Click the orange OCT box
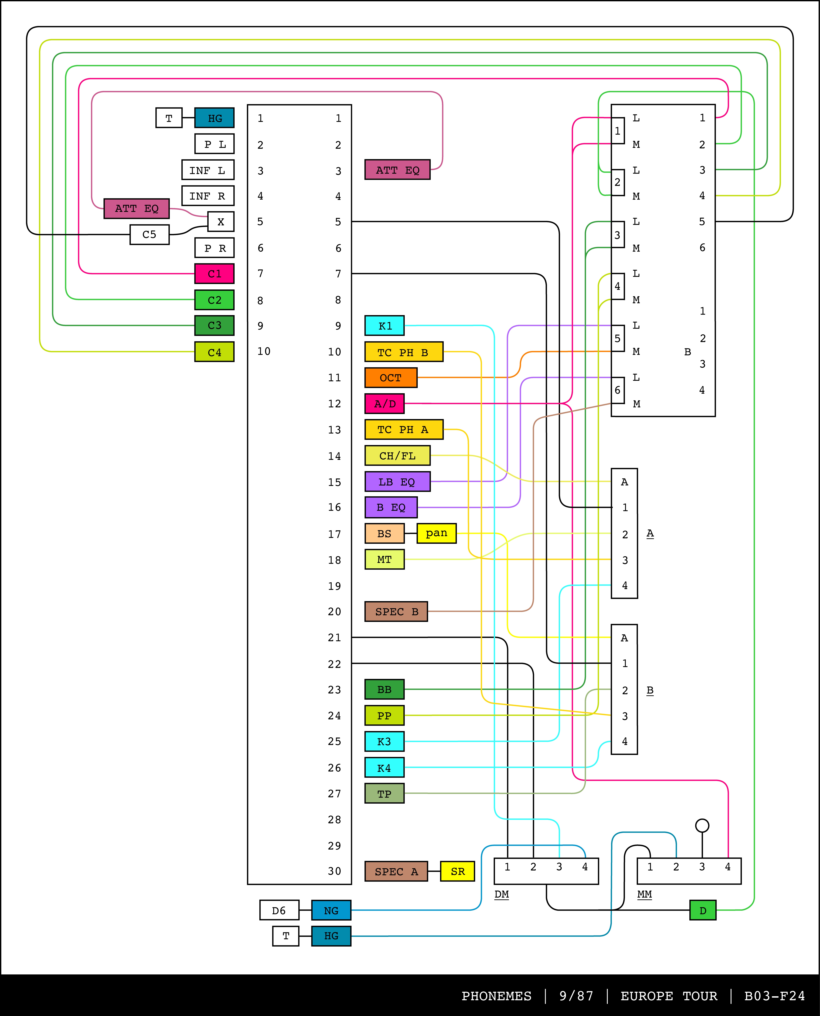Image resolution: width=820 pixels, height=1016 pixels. coord(391,377)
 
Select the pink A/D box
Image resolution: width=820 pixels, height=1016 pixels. coord(384,403)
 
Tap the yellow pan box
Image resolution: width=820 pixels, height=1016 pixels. coord(436,533)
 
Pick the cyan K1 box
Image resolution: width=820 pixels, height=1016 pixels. coord(384,326)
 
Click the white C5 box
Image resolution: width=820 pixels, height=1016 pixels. coord(149,234)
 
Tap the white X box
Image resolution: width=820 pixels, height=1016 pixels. coord(221,222)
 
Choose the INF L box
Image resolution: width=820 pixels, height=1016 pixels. coord(208,170)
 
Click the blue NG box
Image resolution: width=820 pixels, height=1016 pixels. coord(331,910)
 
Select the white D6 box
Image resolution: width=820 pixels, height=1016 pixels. coord(279,910)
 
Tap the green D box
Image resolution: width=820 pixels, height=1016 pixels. coord(702,910)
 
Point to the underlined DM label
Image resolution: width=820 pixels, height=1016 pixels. coord(502,894)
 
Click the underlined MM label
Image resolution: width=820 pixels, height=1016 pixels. coord(644,894)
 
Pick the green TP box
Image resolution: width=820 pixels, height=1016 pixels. coord(384,794)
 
